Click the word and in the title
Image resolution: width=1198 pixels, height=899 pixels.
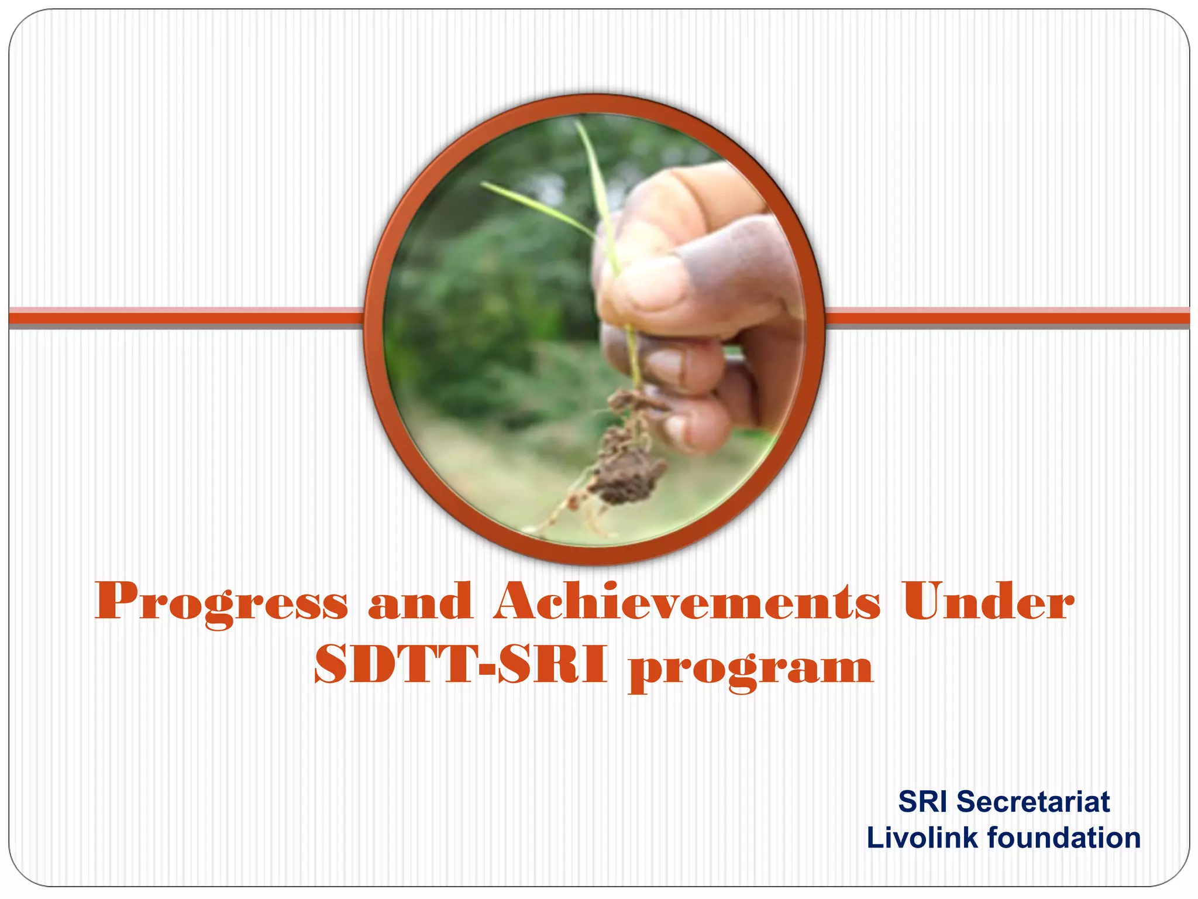pyautogui.click(x=419, y=603)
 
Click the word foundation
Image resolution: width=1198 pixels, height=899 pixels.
pyautogui.click(x=1064, y=838)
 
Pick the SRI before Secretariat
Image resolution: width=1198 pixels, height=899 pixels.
pyautogui.click(x=922, y=802)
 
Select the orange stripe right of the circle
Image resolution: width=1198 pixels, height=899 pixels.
pyautogui.click(x=1006, y=318)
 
